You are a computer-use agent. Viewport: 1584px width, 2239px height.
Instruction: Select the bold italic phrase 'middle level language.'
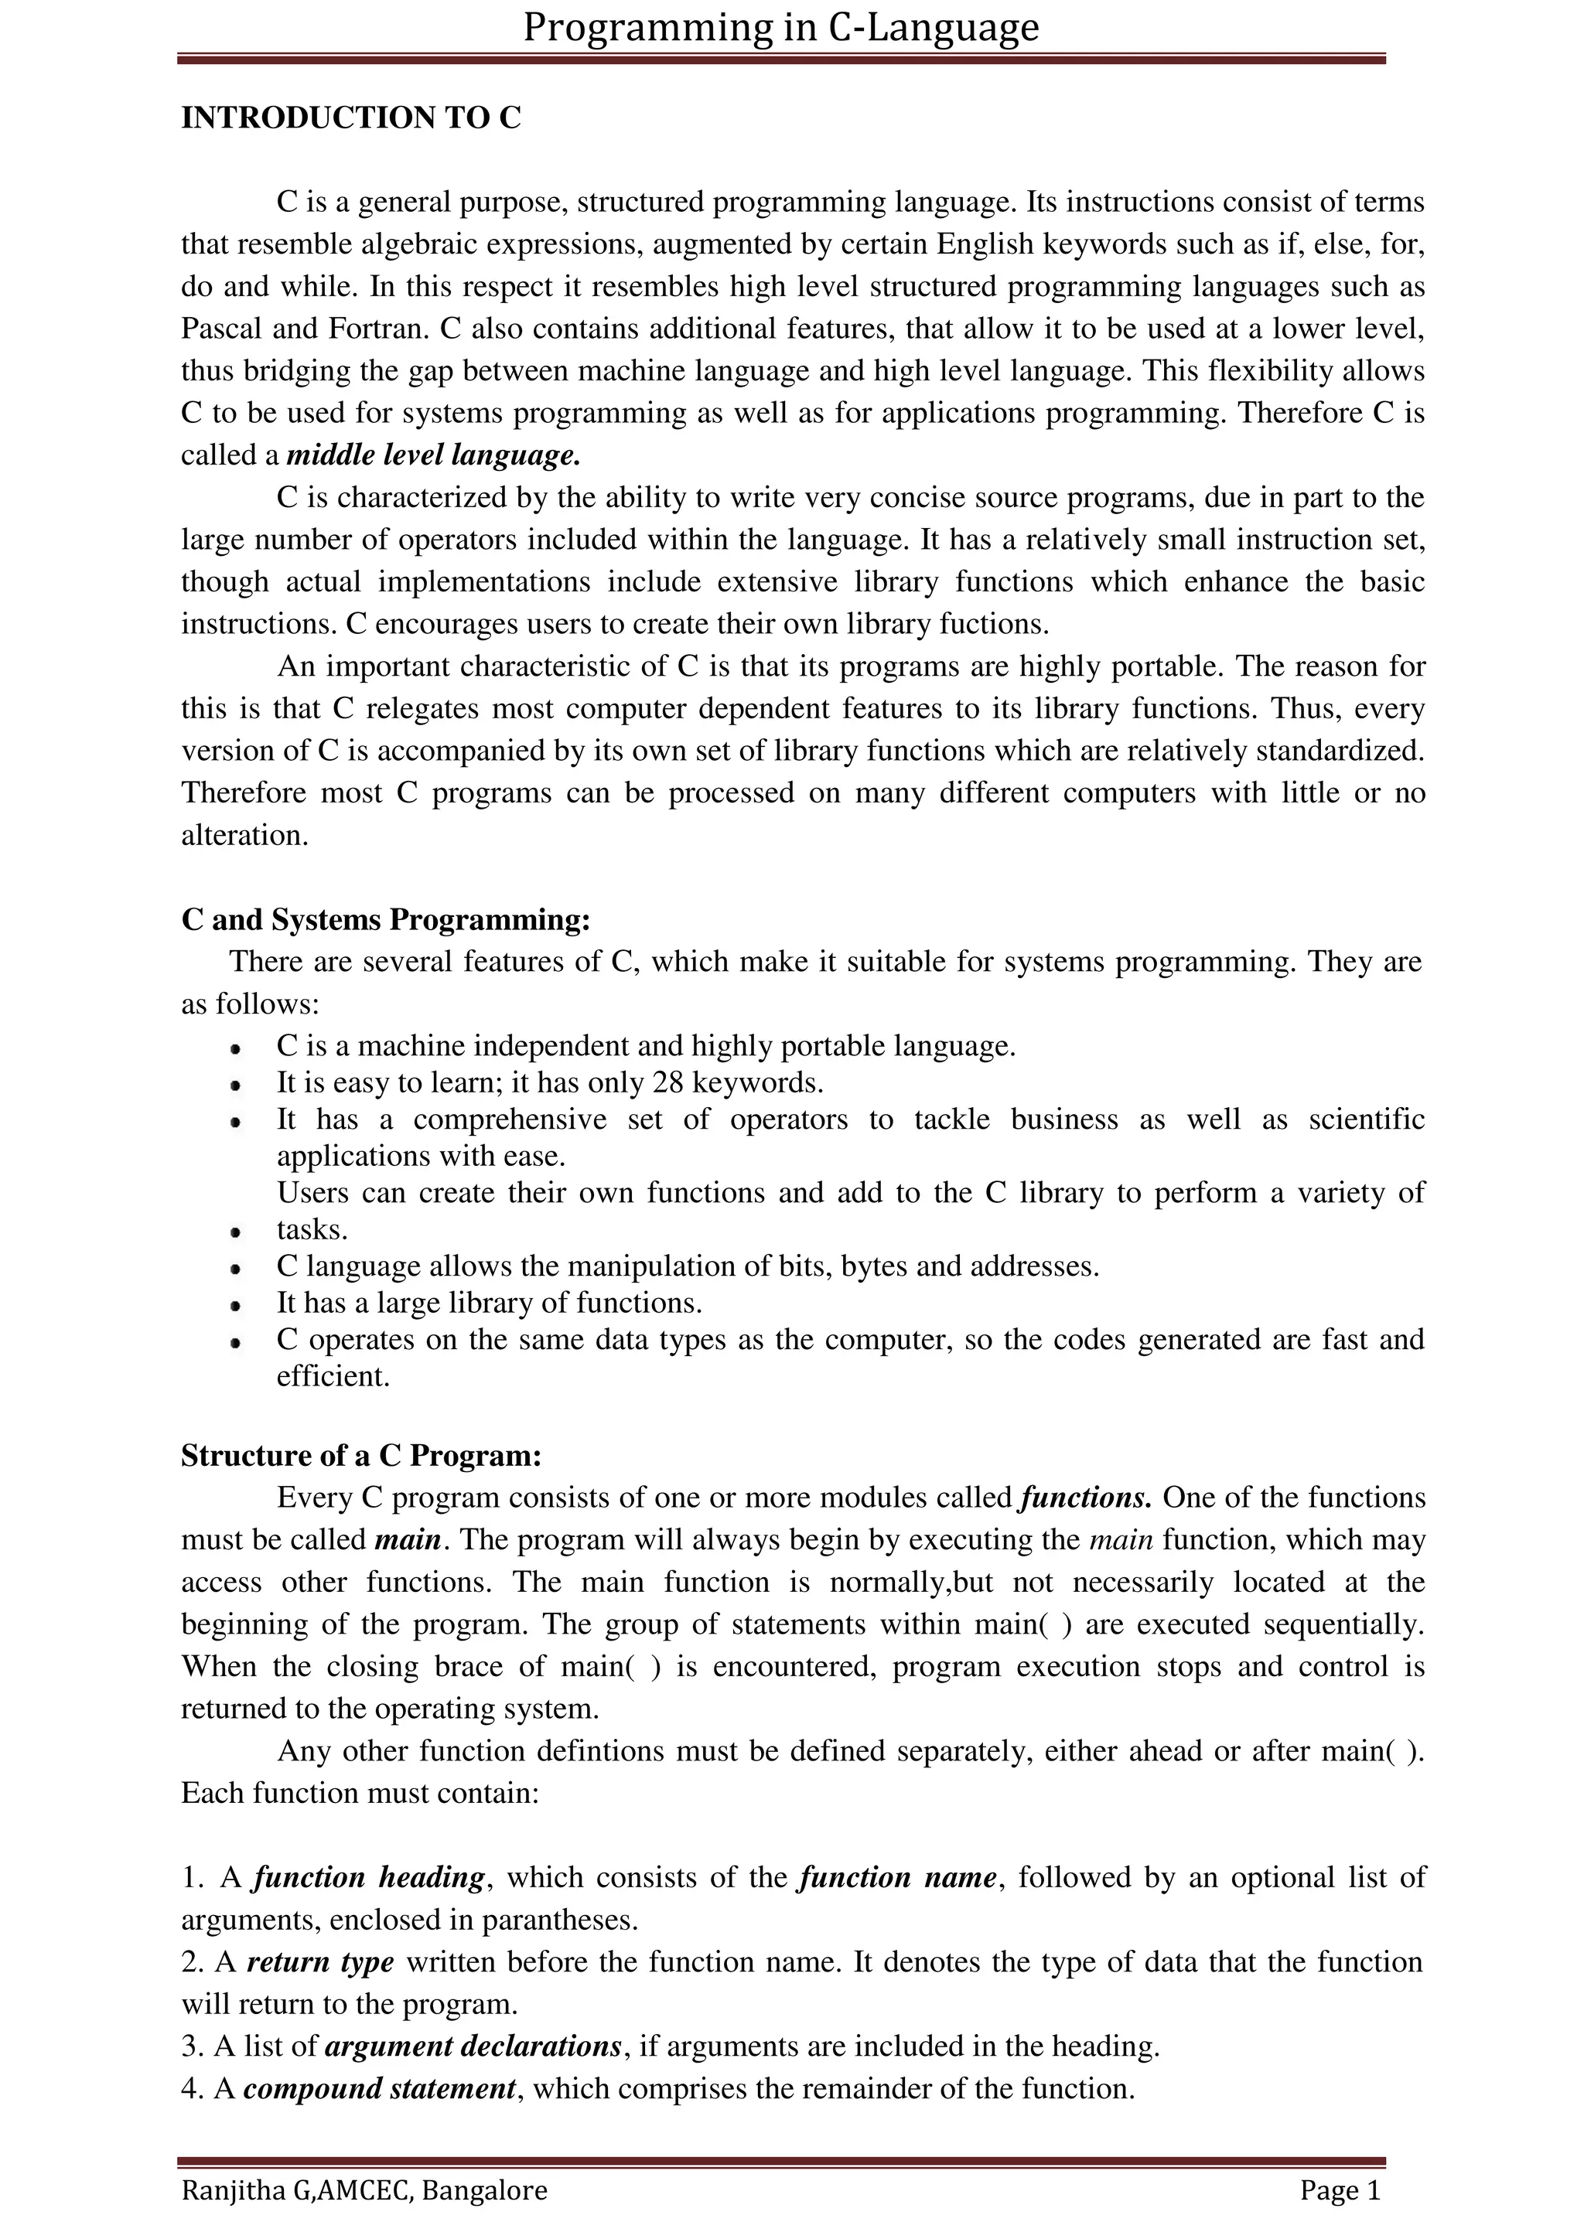434,455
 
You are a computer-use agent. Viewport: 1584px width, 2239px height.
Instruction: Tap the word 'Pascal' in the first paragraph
221,329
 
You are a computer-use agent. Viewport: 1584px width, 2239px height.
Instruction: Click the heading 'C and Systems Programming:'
386,919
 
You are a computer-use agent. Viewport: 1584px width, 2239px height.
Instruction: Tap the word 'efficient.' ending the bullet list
333,1376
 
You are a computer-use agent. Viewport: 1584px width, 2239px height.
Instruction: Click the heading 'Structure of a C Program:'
361,1456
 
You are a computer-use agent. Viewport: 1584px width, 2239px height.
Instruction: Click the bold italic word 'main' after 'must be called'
408,1540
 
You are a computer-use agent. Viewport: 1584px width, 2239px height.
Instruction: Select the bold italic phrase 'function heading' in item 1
369,1877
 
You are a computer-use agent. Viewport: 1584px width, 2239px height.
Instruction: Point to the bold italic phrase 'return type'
320,1962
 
